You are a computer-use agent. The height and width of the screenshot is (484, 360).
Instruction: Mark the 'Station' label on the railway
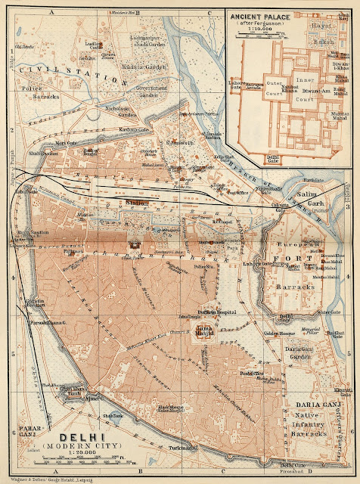pos(137,203)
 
